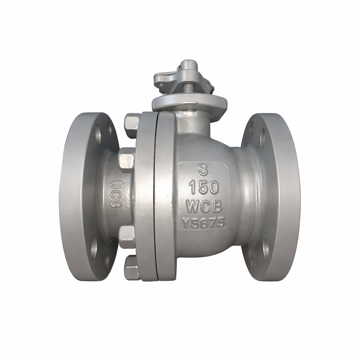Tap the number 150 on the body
click(x=204, y=188)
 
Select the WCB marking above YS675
click(x=204, y=206)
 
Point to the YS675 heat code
click(x=203, y=223)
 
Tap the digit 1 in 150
click(x=192, y=188)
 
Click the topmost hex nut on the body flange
click(x=132, y=125)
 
